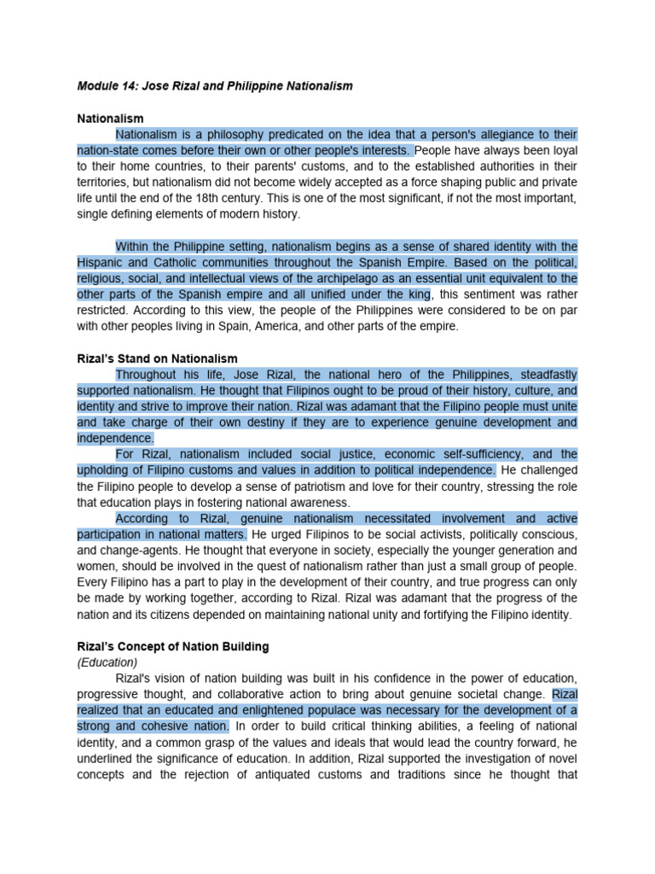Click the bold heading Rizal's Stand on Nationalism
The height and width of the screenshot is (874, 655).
157,358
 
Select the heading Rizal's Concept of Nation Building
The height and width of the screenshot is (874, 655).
171,645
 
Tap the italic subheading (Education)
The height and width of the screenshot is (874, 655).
107,661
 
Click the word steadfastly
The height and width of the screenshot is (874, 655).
546,375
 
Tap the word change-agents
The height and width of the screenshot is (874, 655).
130,550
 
